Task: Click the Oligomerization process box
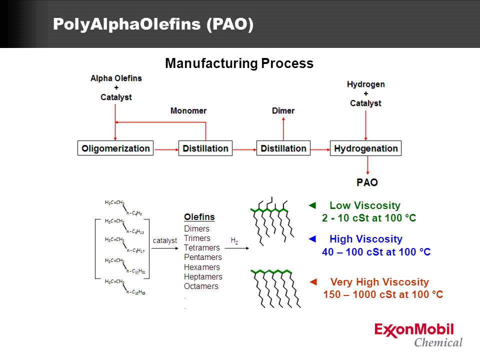tap(115, 148)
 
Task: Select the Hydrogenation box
tap(366, 148)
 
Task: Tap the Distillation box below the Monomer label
tap(205, 148)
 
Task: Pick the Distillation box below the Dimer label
tap(283, 148)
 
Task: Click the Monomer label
tap(188, 110)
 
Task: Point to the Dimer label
tap(283, 110)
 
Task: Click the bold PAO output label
tap(367, 182)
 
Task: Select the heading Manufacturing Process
tap(239, 63)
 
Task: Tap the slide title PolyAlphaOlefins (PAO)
tap(153, 24)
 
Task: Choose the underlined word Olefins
tap(199, 217)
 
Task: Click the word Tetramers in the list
tap(202, 248)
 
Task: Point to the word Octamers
tap(201, 286)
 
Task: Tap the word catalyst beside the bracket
tap(165, 240)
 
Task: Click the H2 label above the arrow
tap(234, 241)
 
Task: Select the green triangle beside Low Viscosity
tap(313, 205)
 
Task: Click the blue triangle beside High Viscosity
tap(313, 239)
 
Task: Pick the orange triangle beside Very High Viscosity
tap(314, 282)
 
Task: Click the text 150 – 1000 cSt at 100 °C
tap(383, 294)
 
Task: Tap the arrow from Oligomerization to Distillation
tap(165, 148)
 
